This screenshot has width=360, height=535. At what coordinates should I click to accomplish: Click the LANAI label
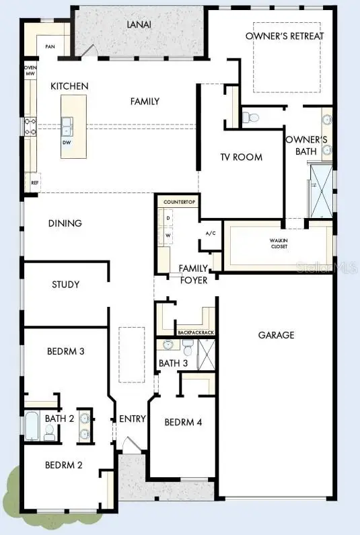click(x=138, y=24)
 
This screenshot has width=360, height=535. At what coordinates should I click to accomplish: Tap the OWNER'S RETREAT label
click(x=285, y=36)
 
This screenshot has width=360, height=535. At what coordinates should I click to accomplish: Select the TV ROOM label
click(x=241, y=157)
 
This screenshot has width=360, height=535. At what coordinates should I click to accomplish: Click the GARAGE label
click(x=276, y=334)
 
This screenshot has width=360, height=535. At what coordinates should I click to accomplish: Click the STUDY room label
click(x=65, y=285)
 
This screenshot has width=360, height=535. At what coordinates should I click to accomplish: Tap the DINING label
click(x=65, y=223)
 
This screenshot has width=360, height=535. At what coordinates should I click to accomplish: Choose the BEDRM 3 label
click(x=65, y=351)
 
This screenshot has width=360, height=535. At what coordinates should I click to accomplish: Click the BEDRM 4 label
click(x=184, y=423)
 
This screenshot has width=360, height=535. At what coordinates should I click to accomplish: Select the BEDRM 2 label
click(x=64, y=465)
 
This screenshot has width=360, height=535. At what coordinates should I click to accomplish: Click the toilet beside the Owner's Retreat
click(x=252, y=117)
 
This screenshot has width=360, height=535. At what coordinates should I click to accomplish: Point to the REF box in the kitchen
click(x=34, y=183)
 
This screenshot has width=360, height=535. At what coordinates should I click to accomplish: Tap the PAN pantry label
click(x=50, y=46)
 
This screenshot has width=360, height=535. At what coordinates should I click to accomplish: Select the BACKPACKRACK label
click(x=194, y=332)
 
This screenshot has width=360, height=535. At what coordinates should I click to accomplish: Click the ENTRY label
click(x=133, y=419)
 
